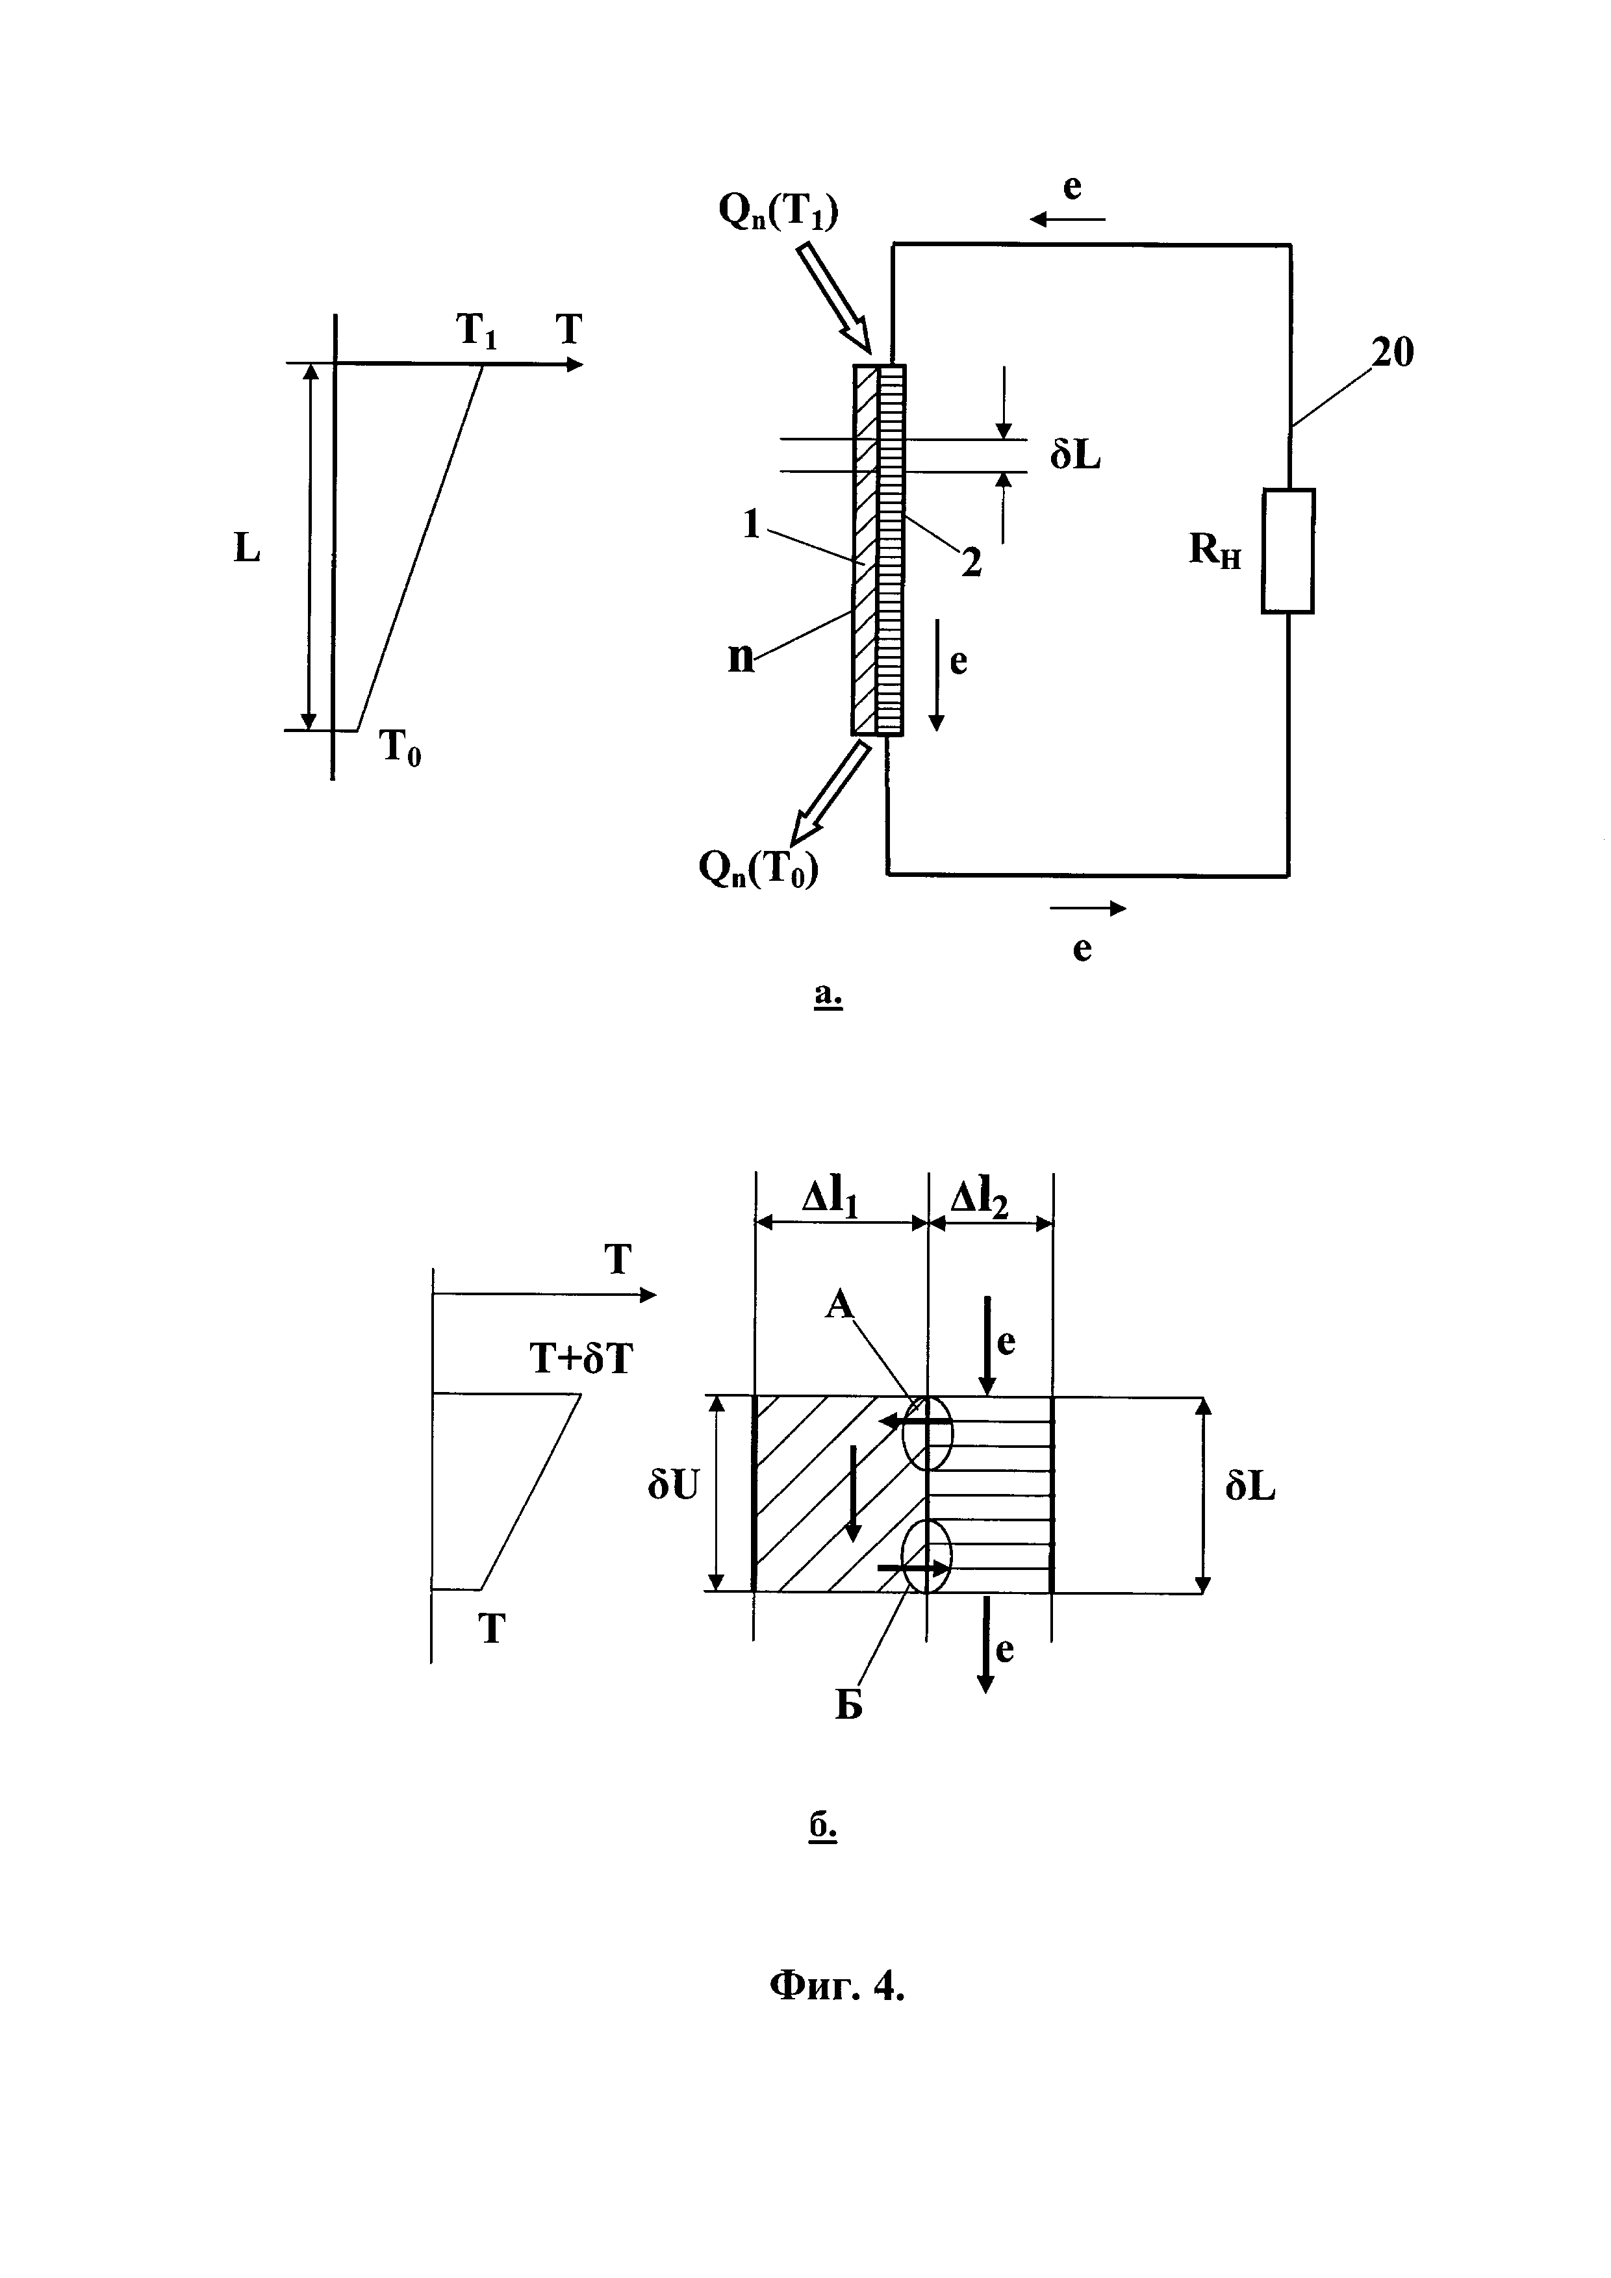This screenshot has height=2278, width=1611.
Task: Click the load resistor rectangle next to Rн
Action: (1288, 551)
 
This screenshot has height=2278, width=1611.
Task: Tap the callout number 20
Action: (1392, 352)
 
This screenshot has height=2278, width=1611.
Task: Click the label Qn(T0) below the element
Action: (758, 869)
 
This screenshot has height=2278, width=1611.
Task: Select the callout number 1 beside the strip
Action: (751, 524)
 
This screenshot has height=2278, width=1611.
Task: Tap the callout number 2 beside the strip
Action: (971, 563)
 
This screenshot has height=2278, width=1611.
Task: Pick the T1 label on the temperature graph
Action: (476, 331)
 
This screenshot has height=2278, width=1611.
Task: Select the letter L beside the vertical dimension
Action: (247, 548)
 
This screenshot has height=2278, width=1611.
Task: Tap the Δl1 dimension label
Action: (830, 1198)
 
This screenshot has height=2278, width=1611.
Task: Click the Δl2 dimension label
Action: (979, 1198)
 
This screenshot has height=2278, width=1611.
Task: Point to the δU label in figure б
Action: (674, 1486)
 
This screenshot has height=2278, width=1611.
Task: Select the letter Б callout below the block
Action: (848, 1704)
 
